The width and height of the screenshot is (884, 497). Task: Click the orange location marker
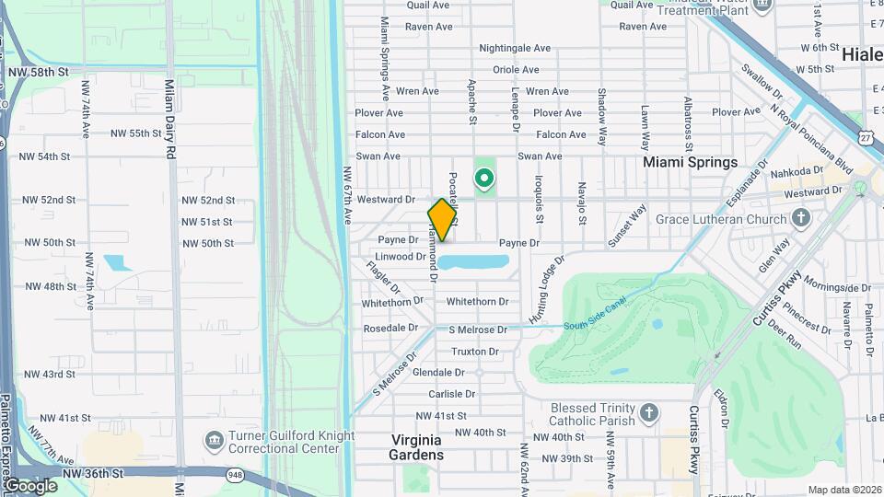[442, 220]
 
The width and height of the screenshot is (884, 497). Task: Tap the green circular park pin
[483, 178]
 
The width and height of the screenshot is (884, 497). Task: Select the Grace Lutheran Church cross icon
[800, 219]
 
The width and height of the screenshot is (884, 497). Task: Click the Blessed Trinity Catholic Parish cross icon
[648, 413]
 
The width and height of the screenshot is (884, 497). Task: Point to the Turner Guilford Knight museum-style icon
[214, 443]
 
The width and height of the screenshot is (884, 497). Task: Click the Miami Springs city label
[690, 162]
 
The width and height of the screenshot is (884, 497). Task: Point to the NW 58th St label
[38, 71]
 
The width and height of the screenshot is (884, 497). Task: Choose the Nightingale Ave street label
[515, 48]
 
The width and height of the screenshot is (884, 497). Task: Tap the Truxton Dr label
[475, 352]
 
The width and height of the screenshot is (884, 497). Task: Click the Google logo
[30, 485]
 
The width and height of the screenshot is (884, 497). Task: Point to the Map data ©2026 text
[843, 490]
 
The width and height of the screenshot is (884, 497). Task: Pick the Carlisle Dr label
[451, 394]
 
